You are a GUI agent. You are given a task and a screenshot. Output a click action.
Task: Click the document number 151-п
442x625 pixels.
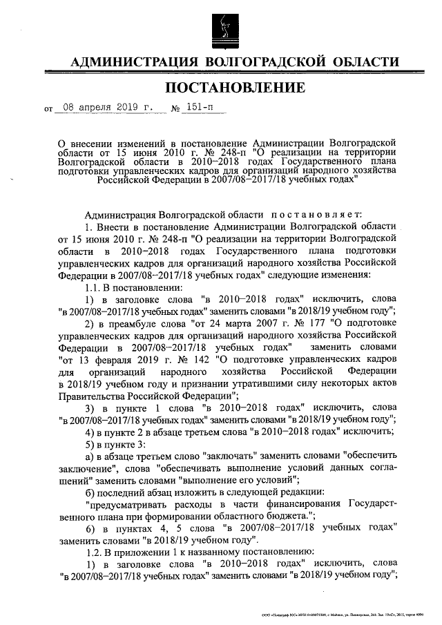(x=200, y=108)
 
